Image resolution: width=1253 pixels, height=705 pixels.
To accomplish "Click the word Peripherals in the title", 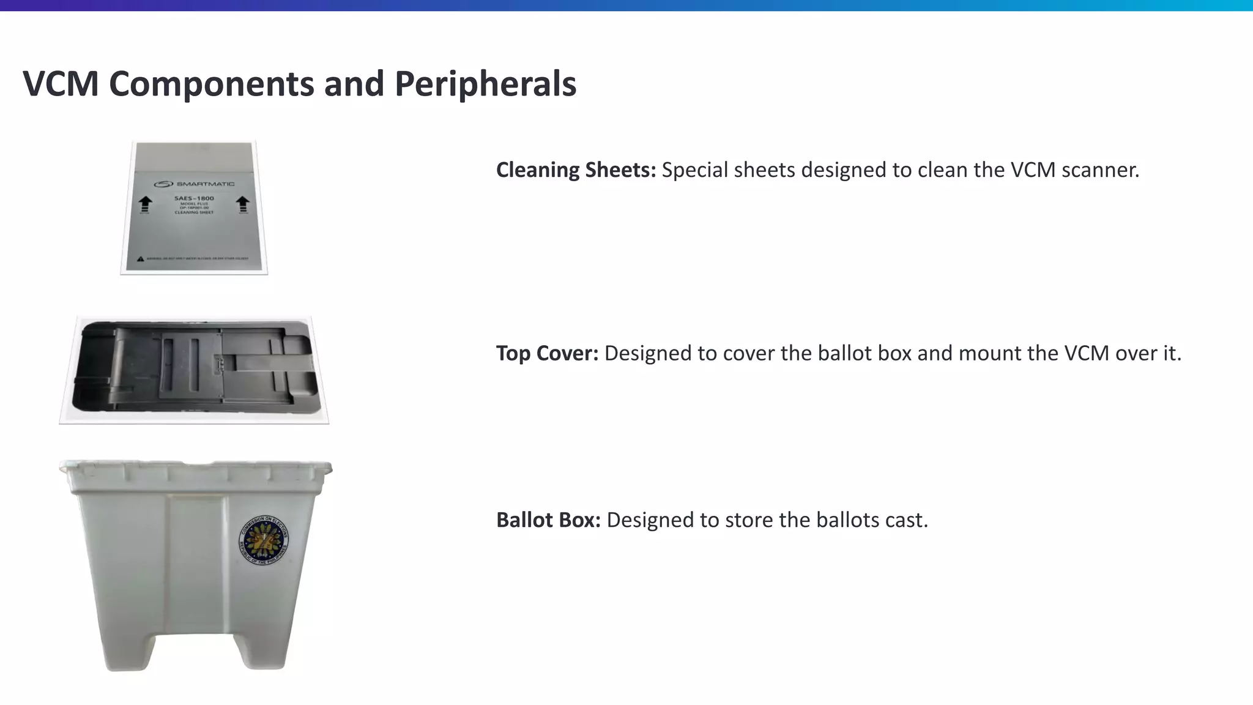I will (485, 84).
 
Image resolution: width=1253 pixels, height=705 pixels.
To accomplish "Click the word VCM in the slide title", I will (61, 84).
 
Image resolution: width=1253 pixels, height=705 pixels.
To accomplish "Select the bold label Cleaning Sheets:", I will (576, 170).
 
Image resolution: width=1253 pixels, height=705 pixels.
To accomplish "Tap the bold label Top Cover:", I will (547, 353).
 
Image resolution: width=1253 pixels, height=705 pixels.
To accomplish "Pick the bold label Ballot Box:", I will (548, 520).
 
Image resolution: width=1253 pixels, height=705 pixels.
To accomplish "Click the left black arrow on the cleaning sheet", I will (145, 204).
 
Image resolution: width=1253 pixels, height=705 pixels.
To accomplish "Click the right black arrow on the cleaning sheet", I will (243, 204).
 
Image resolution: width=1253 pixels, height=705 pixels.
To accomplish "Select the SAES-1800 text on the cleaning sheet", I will (194, 198).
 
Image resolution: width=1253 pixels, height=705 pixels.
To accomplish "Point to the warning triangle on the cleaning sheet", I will (141, 259).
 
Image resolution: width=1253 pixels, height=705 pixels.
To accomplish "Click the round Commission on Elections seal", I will (264, 539).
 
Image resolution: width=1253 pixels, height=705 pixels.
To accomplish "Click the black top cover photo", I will (195, 366).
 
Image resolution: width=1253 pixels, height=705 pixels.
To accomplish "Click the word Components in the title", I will (211, 84).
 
